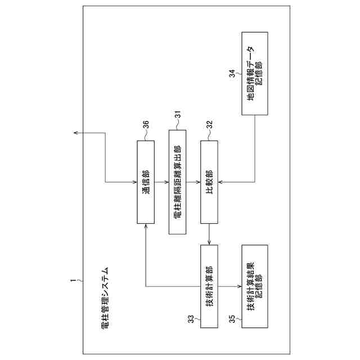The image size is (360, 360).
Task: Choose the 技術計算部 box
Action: (209, 286)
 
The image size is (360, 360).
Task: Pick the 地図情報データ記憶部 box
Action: (255, 74)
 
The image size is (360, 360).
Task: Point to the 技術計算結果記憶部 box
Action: (255, 286)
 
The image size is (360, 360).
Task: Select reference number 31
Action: (177, 114)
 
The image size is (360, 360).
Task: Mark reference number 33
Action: (191, 318)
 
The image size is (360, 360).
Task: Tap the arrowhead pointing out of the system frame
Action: (75, 133)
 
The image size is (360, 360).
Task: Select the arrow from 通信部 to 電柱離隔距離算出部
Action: (161, 182)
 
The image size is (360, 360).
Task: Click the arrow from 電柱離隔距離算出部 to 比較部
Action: (193, 182)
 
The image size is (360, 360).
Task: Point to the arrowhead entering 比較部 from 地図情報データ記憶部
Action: (220, 182)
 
